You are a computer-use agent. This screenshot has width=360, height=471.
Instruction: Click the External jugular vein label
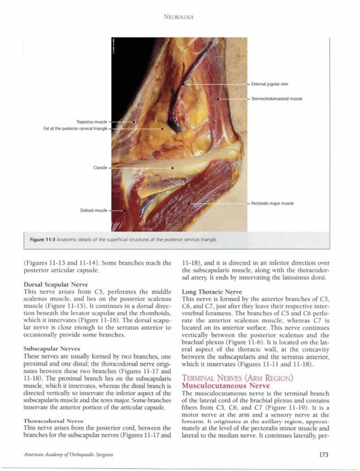point(270,84)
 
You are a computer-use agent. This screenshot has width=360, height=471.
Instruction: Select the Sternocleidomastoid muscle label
point(277,99)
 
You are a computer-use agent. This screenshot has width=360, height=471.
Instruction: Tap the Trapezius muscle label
point(91,122)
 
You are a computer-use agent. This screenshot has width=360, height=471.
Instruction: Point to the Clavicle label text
point(100,168)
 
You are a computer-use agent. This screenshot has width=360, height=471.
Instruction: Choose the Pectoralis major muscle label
point(273,203)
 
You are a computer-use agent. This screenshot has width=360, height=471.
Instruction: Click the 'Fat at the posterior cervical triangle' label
point(75,129)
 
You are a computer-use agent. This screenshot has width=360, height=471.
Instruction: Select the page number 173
point(323,455)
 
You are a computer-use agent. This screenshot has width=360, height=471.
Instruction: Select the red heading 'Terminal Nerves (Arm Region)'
point(237,378)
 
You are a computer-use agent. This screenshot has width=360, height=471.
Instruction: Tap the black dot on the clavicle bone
point(172,168)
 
